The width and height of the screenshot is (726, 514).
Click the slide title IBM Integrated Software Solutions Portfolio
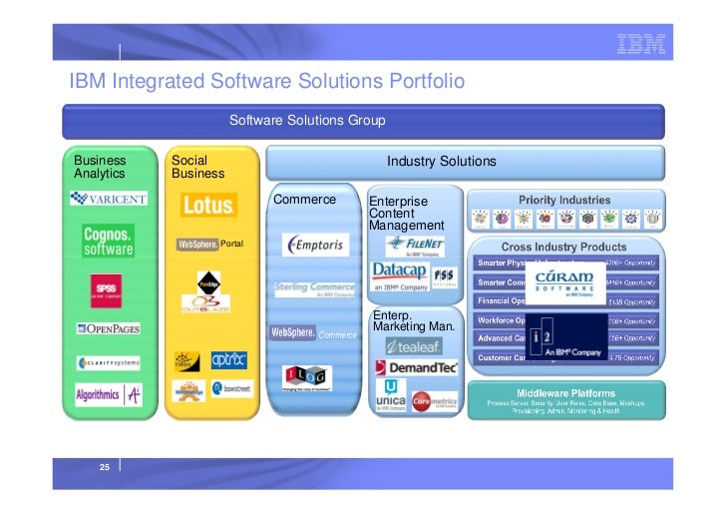click(x=266, y=81)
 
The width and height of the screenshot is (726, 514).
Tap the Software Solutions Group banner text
click(x=306, y=121)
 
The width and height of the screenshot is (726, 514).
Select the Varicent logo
click(x=109, y=198)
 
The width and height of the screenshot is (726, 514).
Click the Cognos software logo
click(x=108, y=240)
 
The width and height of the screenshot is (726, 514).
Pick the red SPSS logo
click(x=107, y=288)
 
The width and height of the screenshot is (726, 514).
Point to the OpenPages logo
click(x=108, y=328)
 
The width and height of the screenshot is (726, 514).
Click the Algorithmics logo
click(x=108, y=394)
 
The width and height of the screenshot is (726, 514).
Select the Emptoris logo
click(x=316, y=245)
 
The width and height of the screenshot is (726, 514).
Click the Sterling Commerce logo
click(x=315, y=289)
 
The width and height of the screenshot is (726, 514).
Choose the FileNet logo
click(x=417, y=245)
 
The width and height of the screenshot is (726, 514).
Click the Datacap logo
click(x=399, y=274)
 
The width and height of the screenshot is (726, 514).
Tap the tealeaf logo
click(x=414, y=346)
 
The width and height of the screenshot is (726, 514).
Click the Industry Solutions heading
click(x=441, y=161)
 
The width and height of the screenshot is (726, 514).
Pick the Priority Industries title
click(x=564, y=200)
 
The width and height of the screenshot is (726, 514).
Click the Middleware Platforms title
click(x=564, y=393)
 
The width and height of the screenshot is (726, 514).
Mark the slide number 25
click(x=103, y=466)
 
